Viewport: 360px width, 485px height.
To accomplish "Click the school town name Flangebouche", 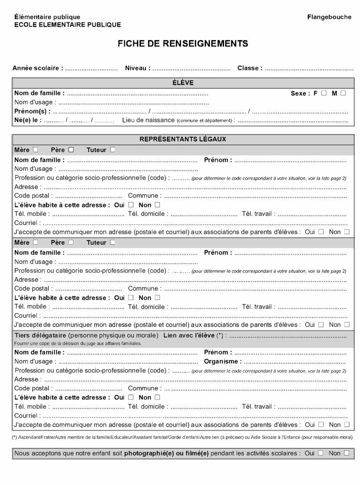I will (x=329, y=17).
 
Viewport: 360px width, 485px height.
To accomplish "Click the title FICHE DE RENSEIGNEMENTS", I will (x=183, y=44).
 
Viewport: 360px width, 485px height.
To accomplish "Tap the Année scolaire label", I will (x=38, y=68).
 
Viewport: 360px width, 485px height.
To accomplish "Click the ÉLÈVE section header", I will (x=183, y=83).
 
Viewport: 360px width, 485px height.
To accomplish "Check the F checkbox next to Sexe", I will (x=324, y=93).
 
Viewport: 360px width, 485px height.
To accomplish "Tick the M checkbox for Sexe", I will (x=343, y=93).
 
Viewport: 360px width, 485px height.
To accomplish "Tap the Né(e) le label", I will (x=28, y=120).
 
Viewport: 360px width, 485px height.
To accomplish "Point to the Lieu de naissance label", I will (x=148, y=120).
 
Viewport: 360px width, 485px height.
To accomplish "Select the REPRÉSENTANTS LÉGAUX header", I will (x=183, y=139).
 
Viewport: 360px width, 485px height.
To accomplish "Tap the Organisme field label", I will (x=222, y=361).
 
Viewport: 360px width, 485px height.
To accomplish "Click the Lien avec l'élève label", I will (x=189, y=335).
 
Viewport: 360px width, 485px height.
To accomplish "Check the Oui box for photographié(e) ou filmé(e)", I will (x=320, y=453).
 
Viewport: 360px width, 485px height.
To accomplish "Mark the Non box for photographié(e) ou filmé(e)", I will (x=346, y=453).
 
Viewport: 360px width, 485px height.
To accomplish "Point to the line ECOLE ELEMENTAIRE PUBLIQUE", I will (x=67, y=25).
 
